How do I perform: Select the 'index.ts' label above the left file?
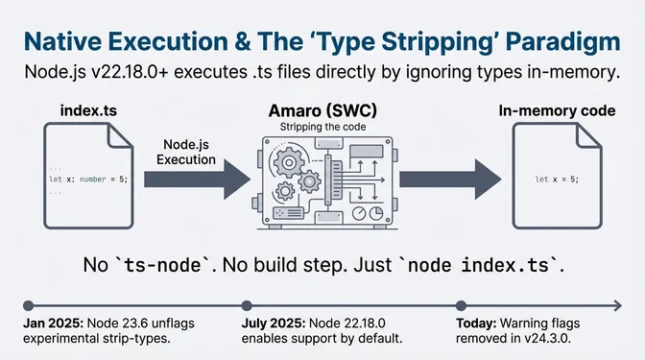pyautogui.click(x=88, y=112)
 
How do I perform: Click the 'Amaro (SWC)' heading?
pyautogui.click(x=317, y=111)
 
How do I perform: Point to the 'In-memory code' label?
pyautogui.click(x=557, y=112)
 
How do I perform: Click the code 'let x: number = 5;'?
pyautogui.click(x=89, y=179)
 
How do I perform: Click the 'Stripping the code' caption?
pyautogui.click(x=317, y=127)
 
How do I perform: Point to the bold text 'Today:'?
pyautogui.click(x=477, y=320)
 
